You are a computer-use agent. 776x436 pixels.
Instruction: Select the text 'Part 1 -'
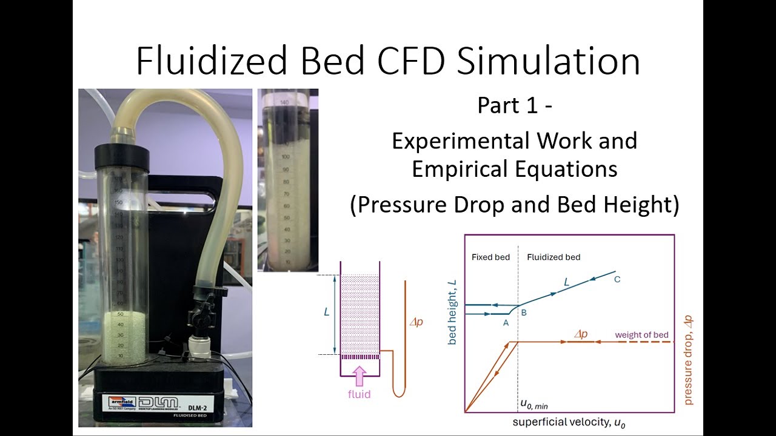pos(515,105)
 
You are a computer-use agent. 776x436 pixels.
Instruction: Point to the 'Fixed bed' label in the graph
pos(490,257)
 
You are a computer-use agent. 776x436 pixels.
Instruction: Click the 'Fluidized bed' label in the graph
pos(554,257)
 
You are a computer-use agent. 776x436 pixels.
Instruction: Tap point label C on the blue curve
pos(617,279)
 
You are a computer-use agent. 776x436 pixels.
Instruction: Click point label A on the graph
pos(506,323)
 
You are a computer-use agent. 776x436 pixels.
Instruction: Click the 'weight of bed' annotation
pos(641,335)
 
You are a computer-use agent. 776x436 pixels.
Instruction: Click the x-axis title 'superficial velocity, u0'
pos(569,423)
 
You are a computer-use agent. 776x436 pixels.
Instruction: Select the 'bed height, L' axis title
pos(452,313)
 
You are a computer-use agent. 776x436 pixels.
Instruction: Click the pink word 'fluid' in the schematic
pos(359,394)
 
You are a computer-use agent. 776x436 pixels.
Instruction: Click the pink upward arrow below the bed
pos(360,376)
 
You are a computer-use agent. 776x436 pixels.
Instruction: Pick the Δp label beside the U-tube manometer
pos(416,322)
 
